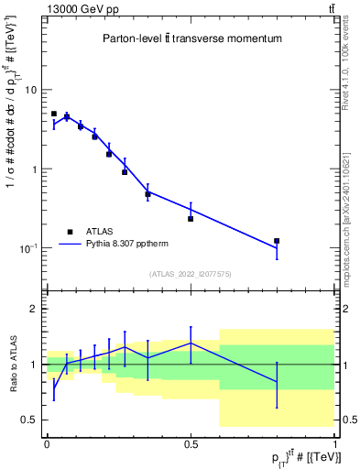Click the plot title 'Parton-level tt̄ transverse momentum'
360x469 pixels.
point(191,39)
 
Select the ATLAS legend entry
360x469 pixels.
point(100,232)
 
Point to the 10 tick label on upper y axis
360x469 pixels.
point(31,91)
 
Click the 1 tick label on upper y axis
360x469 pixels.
point(35,169)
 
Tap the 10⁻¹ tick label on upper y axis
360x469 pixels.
point(29,248)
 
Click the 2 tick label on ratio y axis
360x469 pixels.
point(35,309)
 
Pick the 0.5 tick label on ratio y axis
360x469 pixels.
point(29,420)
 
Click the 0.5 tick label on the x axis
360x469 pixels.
point(191,443)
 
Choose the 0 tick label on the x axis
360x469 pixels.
point(47,443)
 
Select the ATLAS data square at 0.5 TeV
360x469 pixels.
point(191,219)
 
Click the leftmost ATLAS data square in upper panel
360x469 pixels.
point(54,114)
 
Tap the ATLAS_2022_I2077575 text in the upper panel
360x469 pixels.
point(191,274)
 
